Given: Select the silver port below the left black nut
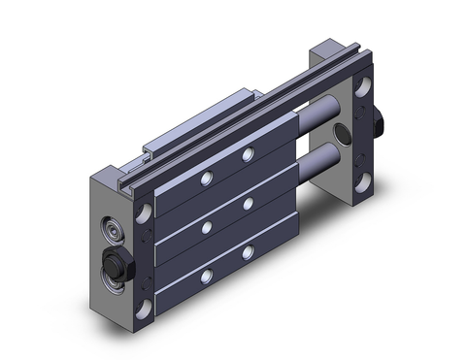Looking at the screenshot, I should (115, 282).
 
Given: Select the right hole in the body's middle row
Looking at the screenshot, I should (249, 205).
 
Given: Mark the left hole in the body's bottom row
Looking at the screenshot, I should (206, 276).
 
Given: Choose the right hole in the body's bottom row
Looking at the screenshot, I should (249, 251).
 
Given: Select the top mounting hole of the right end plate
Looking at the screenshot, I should (364, 87).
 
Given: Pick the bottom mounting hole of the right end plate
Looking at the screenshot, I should (364, 181).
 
